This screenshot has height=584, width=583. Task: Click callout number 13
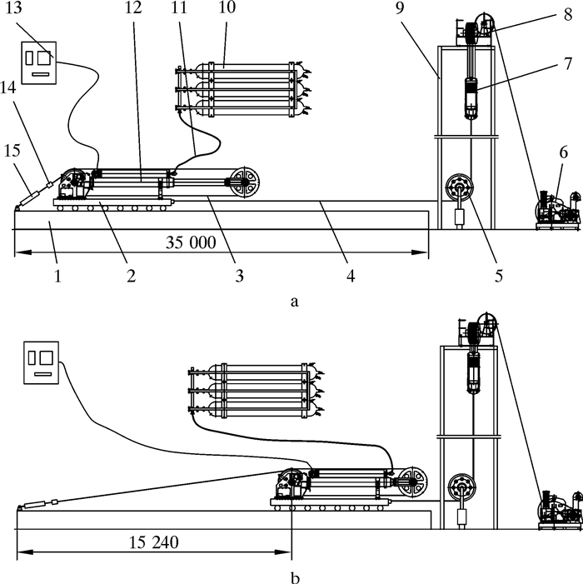[14, 8]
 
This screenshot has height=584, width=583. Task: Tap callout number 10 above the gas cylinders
[227, 7]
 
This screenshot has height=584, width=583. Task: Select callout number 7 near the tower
[567, 63]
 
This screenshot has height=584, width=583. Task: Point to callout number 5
[499, 276]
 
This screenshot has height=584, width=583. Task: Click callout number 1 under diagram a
[57, 276]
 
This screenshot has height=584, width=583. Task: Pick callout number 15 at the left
[12, 151]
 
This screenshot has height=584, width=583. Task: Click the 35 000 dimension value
[191, 242]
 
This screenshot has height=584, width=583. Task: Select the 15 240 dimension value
[154, 542]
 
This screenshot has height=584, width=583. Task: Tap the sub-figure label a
[295, 302]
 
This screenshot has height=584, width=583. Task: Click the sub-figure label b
[295, 578]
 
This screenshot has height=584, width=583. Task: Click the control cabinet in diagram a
[38, 62]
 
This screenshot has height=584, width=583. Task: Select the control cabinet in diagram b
[42, 362]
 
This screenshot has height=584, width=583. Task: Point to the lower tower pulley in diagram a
[460, 187]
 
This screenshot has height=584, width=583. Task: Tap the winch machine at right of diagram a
[558, 210]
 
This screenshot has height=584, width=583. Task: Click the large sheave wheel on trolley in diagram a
[245, 182]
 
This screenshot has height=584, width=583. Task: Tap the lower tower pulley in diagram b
[462, 487]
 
